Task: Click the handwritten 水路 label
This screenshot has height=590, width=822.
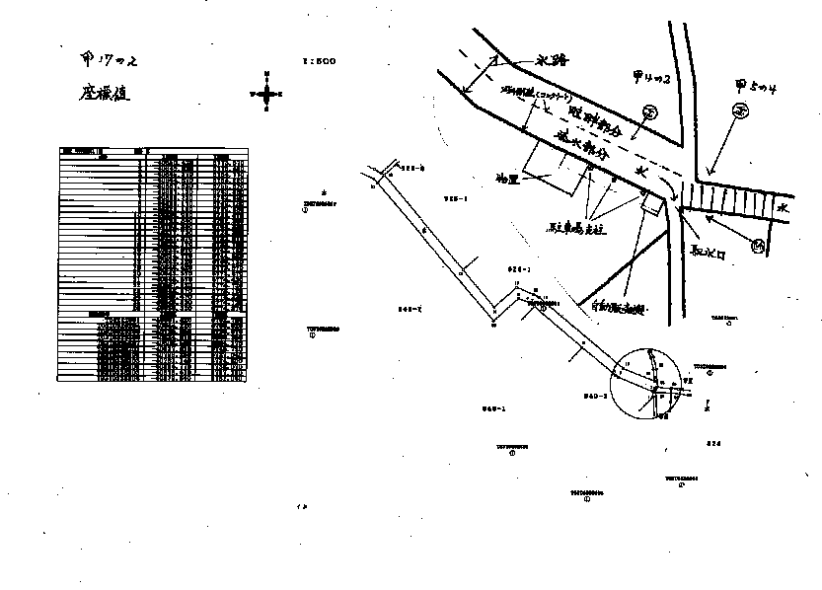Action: [x=553, y=60]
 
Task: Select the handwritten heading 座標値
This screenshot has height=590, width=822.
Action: [x=106, y=96]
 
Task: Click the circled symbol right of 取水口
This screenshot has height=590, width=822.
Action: [x=758, y=246]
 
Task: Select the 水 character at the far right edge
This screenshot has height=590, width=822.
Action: [x=782, y=208]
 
